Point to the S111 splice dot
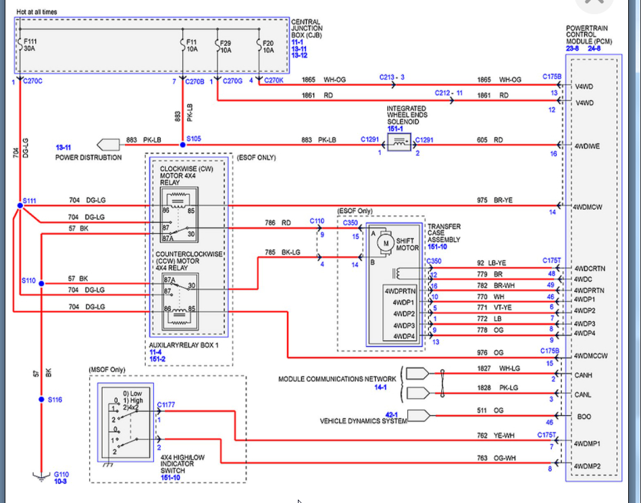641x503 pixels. point(20,206)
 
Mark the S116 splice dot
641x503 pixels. point(41,400)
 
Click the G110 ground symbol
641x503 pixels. point(41,475)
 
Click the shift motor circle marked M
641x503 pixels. point(386,242)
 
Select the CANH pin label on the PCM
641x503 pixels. point(583,374)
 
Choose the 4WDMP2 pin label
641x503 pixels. point(587,466)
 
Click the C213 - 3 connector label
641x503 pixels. point(391,77)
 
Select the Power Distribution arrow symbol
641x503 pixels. point(107,144)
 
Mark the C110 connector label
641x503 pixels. point(317,221)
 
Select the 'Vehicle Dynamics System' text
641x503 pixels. point(363,421)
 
